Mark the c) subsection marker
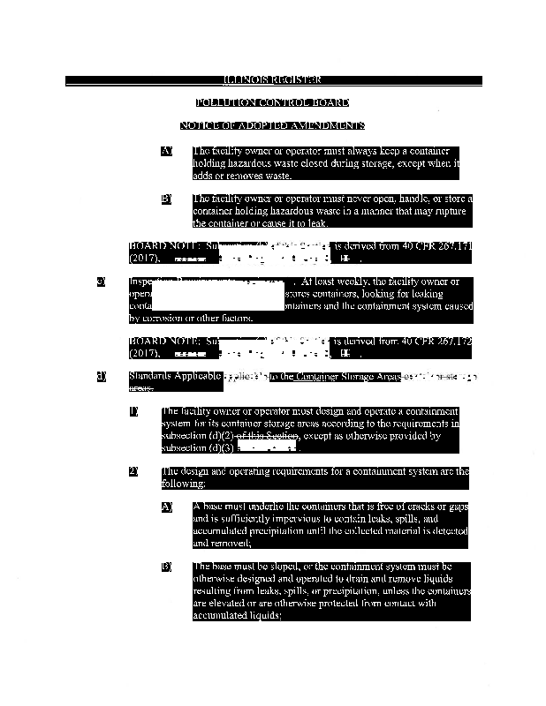coord(102,282)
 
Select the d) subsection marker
coord(102,377)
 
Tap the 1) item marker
coord(133,411)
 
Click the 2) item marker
coord(133,471)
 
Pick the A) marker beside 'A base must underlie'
coord(166,507)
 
